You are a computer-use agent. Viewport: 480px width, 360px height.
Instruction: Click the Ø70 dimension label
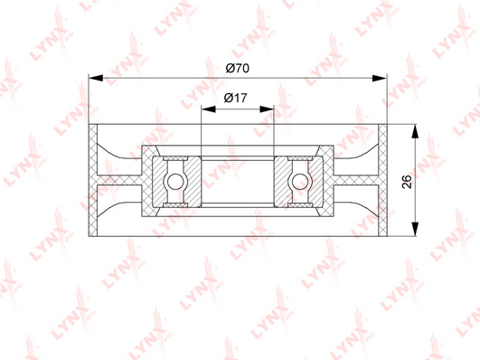click(238, 68)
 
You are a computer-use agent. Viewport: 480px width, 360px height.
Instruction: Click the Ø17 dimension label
click(235, 98)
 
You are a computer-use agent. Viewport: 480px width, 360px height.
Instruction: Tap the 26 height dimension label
click(407, 182)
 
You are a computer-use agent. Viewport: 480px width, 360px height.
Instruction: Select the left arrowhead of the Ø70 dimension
click(96, 78)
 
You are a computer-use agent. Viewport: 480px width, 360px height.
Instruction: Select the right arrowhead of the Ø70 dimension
click(380, 78)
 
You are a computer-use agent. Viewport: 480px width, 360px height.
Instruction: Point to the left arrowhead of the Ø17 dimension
click(209, 109)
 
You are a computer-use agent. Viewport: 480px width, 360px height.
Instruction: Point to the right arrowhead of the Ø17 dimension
click(267, 109)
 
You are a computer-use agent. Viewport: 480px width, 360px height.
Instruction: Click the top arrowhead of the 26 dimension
click(415, 132)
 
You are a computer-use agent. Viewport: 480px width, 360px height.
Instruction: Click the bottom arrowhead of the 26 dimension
click(415, 229)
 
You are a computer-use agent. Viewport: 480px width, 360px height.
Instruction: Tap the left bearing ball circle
click(175, 182)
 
